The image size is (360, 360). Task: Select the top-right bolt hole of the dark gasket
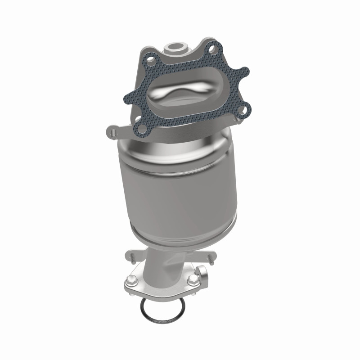(213, 47)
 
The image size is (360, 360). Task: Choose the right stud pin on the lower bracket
(209, 258)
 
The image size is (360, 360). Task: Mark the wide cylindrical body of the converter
(178, 189)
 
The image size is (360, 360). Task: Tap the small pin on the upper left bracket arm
(113, 132)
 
